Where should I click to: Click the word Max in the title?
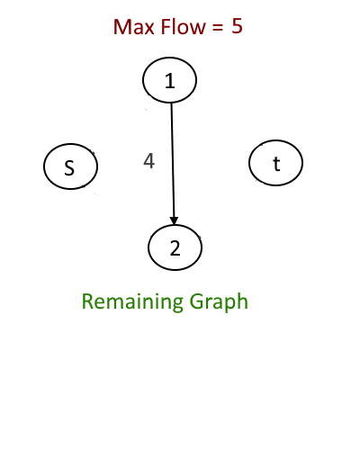[135, 27]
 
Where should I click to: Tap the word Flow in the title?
[184, 26]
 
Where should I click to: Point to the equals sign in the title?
[218, 28]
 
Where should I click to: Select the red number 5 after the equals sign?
[237, 26]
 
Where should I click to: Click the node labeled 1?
[169, 80]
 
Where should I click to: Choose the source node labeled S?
[70, 166]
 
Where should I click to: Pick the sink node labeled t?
[275, 163]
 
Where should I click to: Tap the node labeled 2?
[175, 247]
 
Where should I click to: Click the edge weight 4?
[149, 161]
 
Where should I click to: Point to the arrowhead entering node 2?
[174, 220]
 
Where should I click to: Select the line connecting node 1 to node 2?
[173, 164]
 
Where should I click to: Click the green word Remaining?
[132, 302]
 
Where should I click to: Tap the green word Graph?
[219, 302]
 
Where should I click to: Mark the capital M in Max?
[122, 27]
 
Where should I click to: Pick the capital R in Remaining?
[88, 301]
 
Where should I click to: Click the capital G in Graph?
[197, 301]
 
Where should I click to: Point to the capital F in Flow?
[166, 27]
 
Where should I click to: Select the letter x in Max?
[151, 29]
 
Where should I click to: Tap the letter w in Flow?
[197, 29]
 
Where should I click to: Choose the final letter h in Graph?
[242, 301]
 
